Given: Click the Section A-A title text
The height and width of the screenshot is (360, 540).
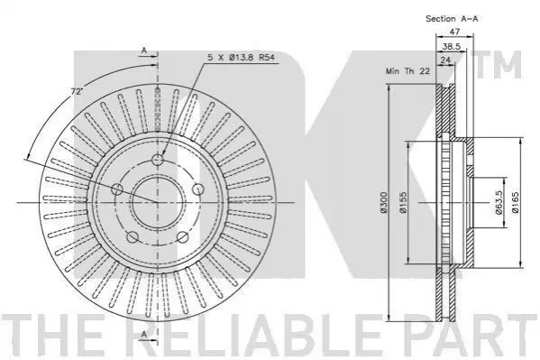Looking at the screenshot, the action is pos(452,19).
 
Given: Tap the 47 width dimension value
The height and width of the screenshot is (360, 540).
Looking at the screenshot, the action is pos(454,32).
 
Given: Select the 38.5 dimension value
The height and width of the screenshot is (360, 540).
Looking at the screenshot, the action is pos(452,46).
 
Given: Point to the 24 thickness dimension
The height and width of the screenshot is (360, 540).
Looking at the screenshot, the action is pos(445,60).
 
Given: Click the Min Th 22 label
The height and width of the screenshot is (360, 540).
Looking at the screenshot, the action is pos(407,71).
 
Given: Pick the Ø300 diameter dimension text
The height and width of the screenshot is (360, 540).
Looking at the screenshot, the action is pos(384,202).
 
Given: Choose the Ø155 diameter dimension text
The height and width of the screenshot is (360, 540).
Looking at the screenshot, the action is pos(403,202).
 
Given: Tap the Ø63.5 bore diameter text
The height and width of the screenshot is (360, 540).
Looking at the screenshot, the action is pos(499,202).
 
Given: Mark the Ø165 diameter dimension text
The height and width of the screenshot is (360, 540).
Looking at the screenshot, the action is pos(515,202).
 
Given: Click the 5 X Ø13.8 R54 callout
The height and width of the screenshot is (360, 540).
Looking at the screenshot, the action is pos(241,57).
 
